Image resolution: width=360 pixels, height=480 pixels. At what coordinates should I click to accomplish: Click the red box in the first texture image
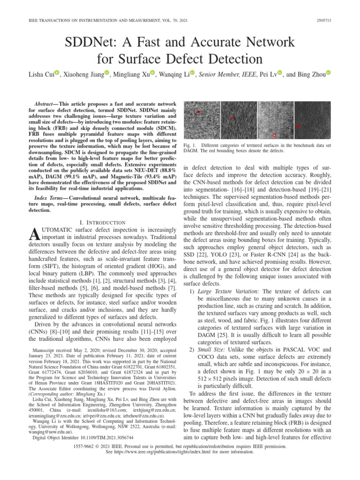(x=199, y=112)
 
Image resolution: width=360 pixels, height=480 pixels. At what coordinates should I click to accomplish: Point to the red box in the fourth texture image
(x=298, y=126)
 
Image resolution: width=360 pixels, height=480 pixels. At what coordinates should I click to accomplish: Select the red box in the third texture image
(x=274, y=135)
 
